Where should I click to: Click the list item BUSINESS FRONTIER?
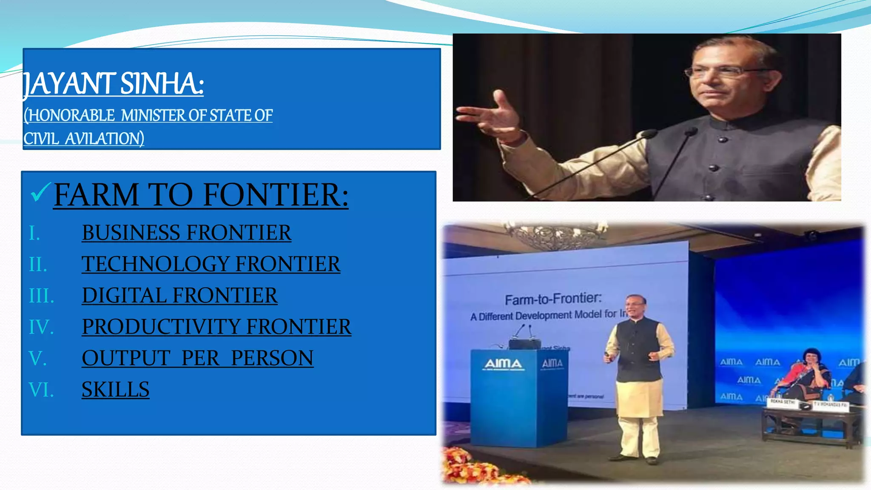186,233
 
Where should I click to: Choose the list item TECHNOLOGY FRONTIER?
211,264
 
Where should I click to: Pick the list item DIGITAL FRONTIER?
179,296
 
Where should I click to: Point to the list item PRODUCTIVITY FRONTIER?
216,327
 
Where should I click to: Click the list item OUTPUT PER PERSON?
197,358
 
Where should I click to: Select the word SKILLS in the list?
115,390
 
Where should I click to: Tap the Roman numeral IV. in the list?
41,327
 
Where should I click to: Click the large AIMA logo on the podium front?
503,365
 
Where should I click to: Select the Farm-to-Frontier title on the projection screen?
553,299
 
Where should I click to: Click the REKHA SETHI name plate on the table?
783,402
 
